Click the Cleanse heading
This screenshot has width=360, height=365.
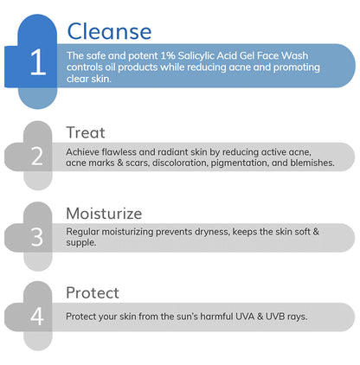[109, 32]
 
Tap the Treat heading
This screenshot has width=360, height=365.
[86, 132]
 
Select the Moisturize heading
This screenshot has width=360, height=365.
[104, 213]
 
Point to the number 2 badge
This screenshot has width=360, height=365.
[37, 157]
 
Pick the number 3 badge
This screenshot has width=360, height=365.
[37, 236]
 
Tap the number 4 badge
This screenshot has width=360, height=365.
[37, 316]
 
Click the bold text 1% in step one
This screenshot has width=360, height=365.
[157, 55]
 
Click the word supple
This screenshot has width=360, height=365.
[81, 243]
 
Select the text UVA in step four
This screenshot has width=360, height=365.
[240, 317]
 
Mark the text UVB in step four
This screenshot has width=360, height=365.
[274, 317]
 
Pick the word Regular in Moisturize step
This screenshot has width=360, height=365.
[85, 231]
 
